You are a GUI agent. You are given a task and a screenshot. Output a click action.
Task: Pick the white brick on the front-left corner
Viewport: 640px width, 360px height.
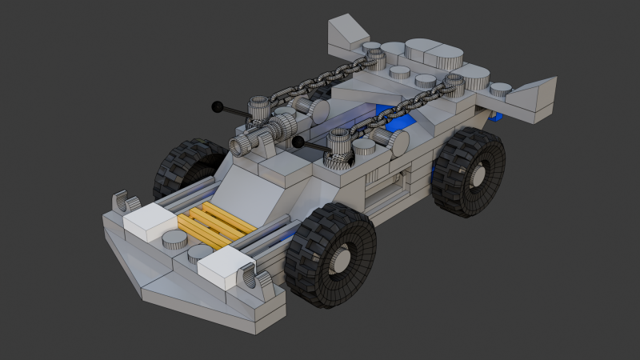[x=149, y=219]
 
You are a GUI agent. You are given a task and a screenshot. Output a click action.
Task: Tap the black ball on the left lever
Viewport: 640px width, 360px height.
[x=216, y=106]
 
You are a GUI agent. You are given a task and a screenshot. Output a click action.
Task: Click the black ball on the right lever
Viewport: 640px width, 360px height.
[x=298, y=142]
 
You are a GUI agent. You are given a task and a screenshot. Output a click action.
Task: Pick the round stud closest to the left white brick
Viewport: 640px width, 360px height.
[x=174, y=238]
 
